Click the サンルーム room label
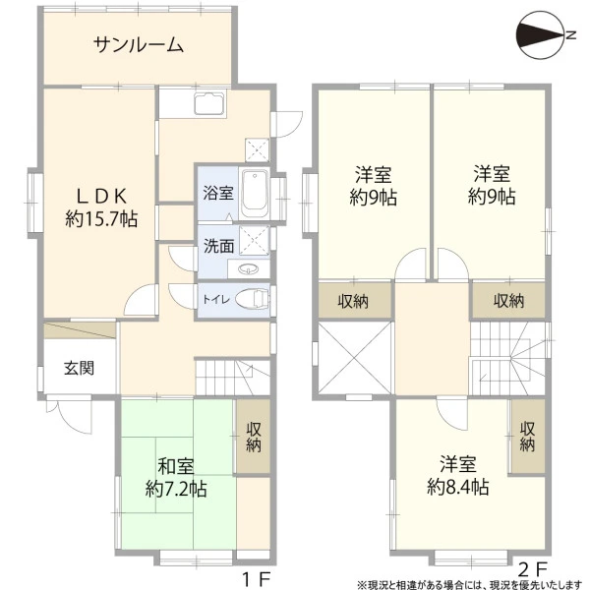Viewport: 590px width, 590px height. coord(139,45)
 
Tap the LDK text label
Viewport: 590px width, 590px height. coord(101,196)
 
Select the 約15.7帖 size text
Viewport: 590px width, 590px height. coord(101,218)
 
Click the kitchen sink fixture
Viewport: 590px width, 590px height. coord(210,103)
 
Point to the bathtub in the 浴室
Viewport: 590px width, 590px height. coord(255,193)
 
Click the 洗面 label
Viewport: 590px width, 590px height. coord(219,246)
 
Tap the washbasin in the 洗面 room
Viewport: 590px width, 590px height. coord(249,269)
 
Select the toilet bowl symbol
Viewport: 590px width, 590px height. coord(253,299)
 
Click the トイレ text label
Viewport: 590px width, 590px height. coord(216,300)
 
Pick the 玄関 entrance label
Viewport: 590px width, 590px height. coord(79,368)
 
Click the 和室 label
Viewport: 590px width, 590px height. coord(176,466)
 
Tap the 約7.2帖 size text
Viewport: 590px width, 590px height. coord(176,489)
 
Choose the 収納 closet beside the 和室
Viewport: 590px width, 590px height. coord(254,437)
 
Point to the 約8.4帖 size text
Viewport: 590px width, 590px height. coord(458,488)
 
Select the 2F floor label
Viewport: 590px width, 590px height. coord(532,569)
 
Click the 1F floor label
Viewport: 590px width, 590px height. coord(257,580)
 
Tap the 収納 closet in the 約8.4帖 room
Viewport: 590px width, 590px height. coord(528,436)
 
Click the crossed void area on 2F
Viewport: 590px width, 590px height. coord(355,357)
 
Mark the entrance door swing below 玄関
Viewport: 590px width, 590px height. coord(69,416)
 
